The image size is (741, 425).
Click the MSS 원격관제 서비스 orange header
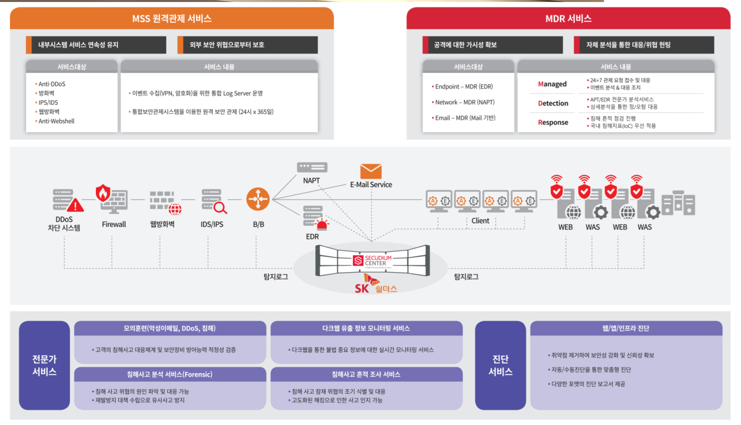click(x=172, y=18)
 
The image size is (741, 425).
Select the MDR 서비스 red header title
click(x=568, y=18)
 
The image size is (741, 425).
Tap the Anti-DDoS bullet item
click(x=51, y=84)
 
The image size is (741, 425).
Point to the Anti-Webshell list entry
click(x=56, y=121)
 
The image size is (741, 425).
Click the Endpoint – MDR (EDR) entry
click(x=463, y=86)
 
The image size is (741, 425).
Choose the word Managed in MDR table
click(x=552, y=84)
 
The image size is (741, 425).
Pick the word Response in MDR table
click(x=553, y=122)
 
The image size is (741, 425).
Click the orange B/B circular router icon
click(x=258, y=199)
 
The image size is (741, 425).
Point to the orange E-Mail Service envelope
click(x=371, y=171)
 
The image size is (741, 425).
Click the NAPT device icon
click(x=312, y=167)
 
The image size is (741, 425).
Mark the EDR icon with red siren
click(x=315, y=219)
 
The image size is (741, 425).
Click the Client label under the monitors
click(x=480, y=221)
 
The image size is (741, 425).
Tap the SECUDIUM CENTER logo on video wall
click(x=373, y=261)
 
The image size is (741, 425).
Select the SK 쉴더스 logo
click(x=375, y=287)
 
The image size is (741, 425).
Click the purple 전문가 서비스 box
click(x=44, y=365)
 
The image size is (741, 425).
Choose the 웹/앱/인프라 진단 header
click(x=626, y=328)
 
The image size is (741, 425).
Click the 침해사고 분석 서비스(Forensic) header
click(x=170, y=374)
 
